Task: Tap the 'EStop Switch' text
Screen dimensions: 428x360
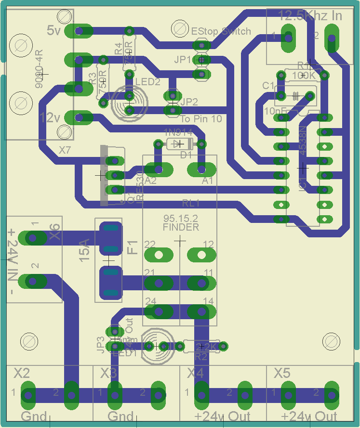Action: (221, 31)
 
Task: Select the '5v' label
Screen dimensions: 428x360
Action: (53, 30)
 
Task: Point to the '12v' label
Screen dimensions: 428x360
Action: (50, 117)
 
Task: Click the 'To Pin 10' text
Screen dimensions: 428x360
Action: (201, 118)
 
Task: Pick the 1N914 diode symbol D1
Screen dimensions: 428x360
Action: (179, 143)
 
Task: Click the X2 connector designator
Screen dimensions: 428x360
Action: (22, 373)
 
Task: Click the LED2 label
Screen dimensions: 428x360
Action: (147, 82)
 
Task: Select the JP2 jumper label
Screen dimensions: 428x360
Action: (189, 102)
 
